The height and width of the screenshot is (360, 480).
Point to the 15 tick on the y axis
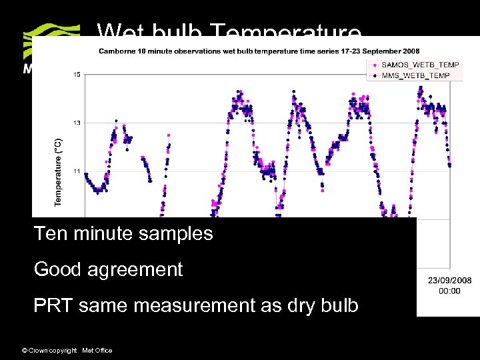pyautogui.click(x=77, y=75)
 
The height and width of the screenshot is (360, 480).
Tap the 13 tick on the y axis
pyautogui.click(x=77, y=123)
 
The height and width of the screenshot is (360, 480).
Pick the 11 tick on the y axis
pyautogui.click(x=77, y=171)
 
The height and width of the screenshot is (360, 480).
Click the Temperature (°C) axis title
pyautogui.click(x=58, y=171)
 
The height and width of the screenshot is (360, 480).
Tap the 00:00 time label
pyautogui.click(x=449, y=291)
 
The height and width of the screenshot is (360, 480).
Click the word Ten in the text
pyautogui.click(x=49, y=234)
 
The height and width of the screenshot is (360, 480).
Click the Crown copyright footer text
pyautogui.click(x=67, y=350)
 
